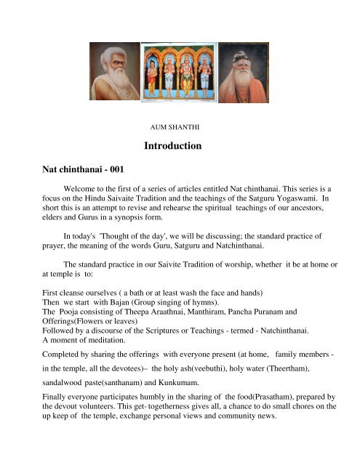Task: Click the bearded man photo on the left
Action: tap(115, 70)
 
